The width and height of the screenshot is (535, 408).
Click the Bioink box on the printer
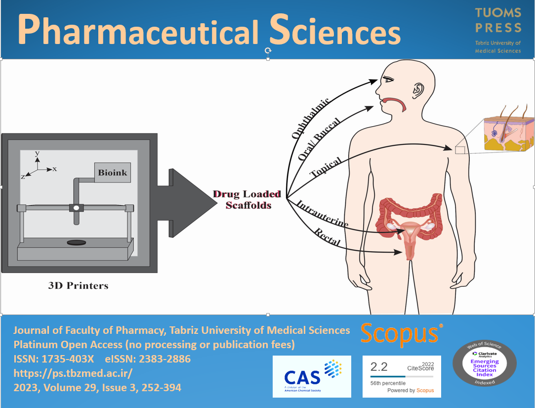[112, 173]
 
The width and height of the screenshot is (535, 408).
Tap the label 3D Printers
[78, 285]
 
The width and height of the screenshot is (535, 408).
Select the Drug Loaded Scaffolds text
[247, 199]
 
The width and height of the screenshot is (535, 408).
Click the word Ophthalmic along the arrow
[310, 118]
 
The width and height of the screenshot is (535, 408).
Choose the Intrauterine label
[322, 214]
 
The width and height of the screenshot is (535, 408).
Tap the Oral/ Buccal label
[317, 141]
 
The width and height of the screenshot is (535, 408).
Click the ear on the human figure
[418, 91]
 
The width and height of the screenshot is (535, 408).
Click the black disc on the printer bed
[76, 242]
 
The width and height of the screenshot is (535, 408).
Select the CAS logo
[311, 376]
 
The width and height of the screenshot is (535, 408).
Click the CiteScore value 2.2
[379, 367]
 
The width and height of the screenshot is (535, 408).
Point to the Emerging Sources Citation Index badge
[485, 363]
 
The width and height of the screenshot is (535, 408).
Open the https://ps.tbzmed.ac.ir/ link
[73, 373]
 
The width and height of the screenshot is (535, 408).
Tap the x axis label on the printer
[54, 169]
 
